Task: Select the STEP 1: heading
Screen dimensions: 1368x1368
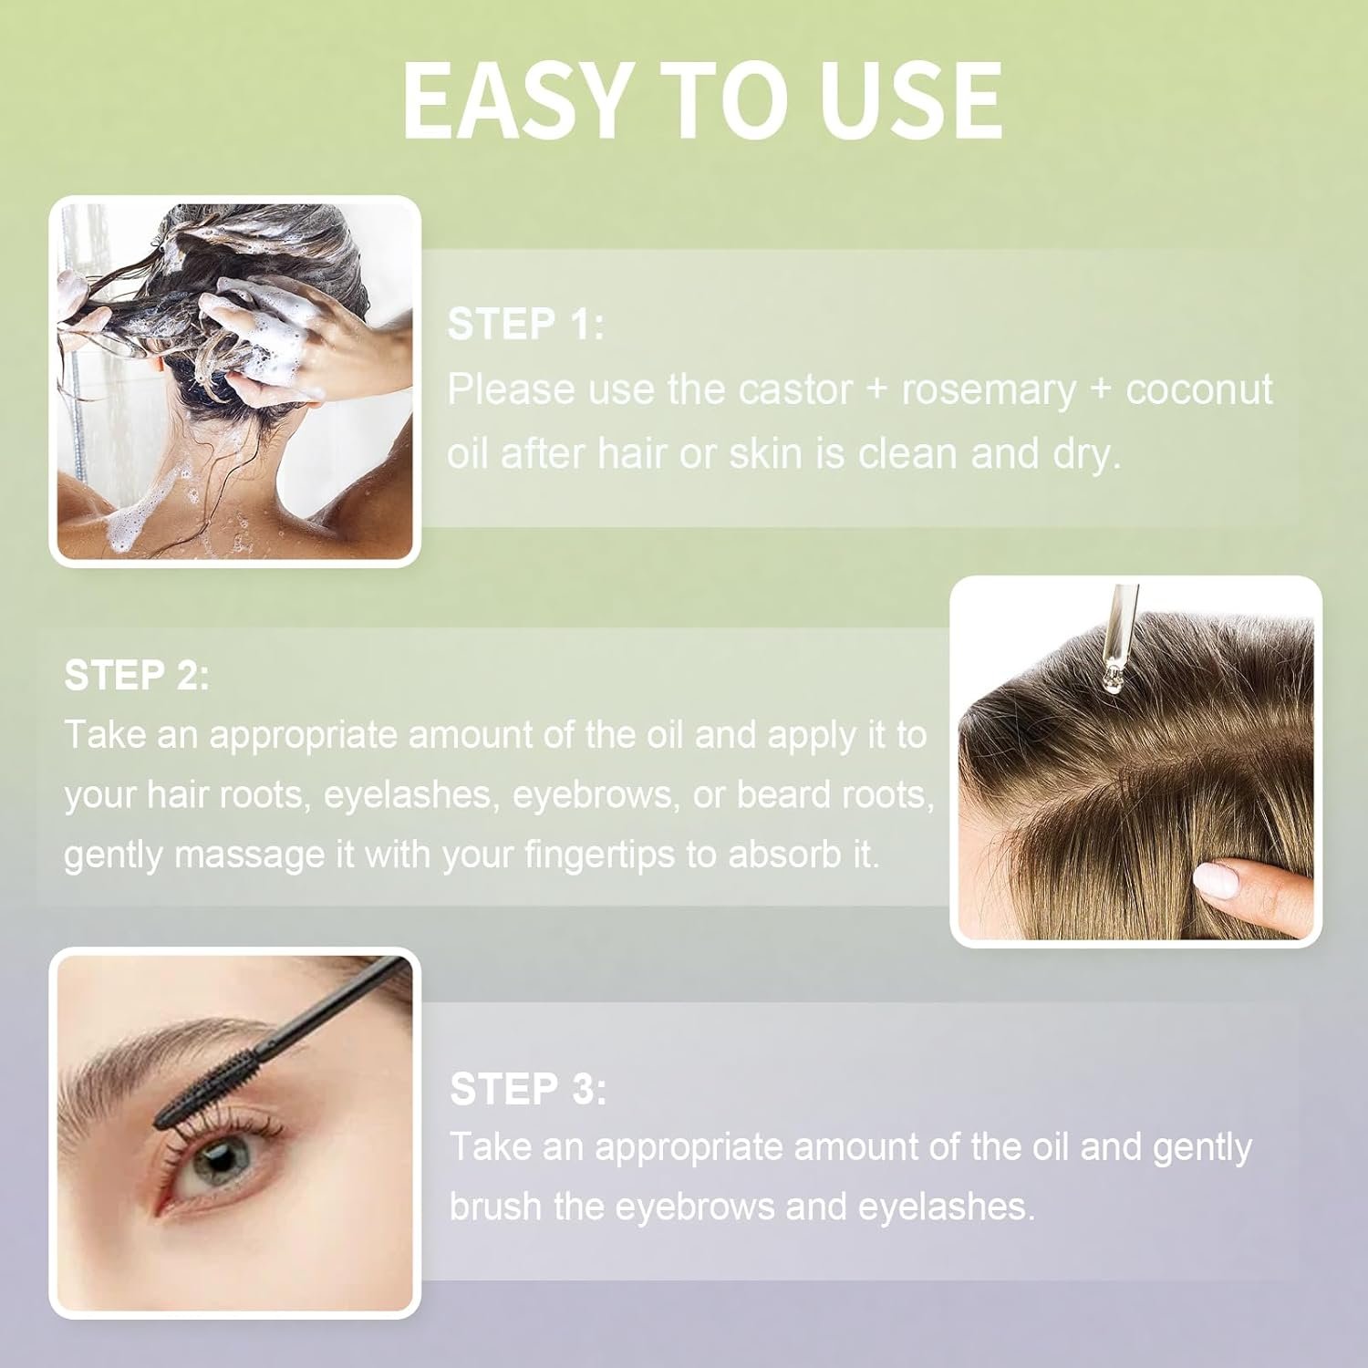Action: pos(525,325)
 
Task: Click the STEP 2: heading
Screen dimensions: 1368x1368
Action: pos(137,676)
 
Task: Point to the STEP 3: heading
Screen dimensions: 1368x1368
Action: pos(528,1089)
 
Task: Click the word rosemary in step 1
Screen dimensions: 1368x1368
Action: pos(989,390)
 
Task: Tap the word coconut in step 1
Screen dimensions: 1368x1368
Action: pos(1199,389)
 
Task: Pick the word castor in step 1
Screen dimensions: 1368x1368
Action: pos(795,389)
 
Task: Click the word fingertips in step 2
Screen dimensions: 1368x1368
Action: pos(601,855)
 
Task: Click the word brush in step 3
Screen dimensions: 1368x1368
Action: pos(496,1207)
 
